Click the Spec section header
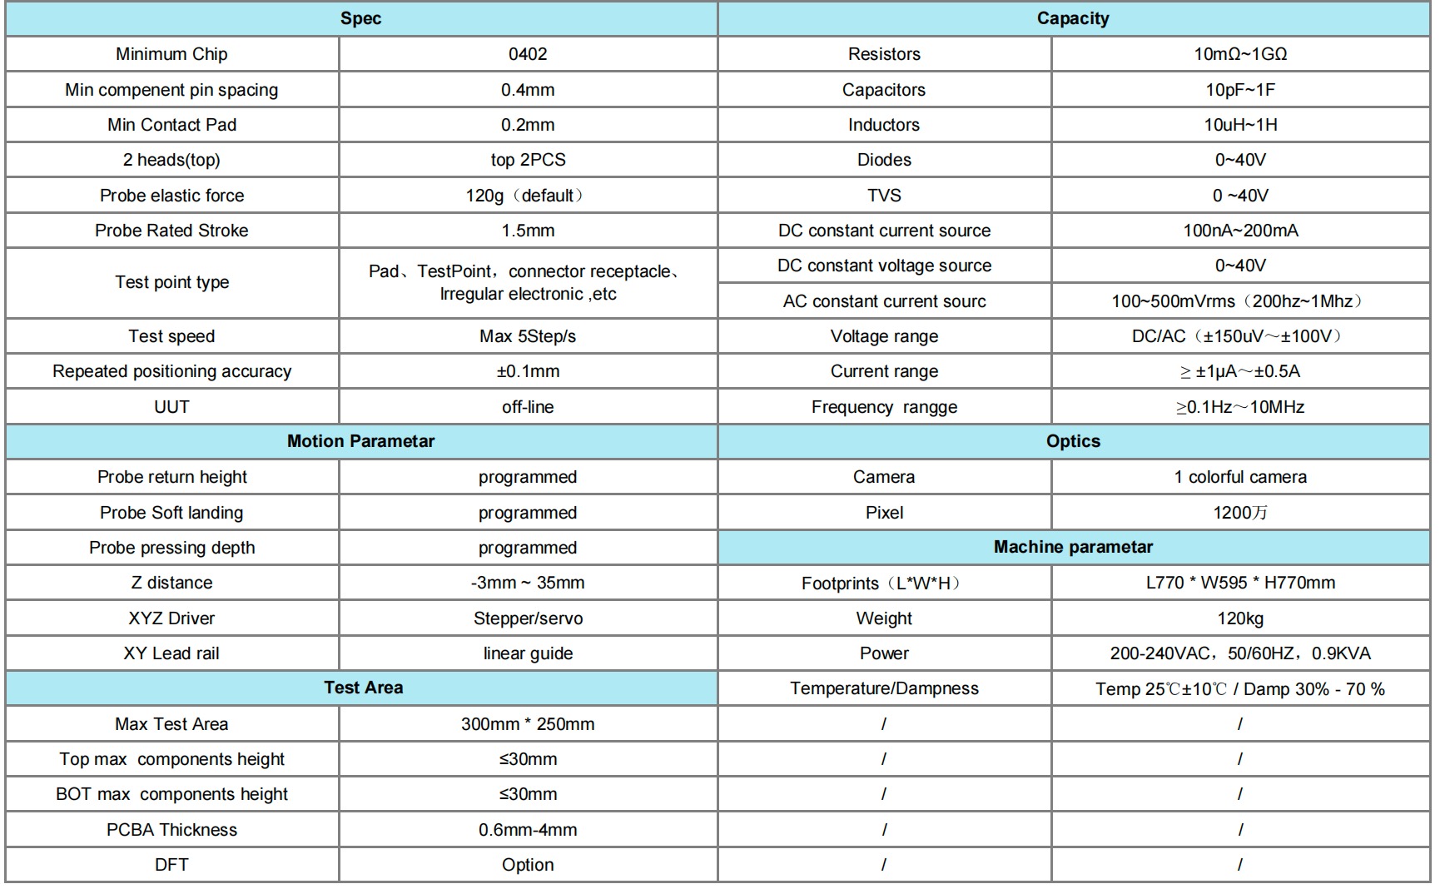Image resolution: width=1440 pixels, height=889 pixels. pos(360,18)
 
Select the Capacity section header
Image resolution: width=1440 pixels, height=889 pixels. pos(1072,18)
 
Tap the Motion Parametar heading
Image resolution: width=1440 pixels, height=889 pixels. pos(360,441)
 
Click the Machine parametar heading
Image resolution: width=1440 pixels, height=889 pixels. pos(1073,547)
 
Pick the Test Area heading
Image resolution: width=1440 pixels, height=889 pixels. pos(363,688)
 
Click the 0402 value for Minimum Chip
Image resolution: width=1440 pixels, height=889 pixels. pos(528,54)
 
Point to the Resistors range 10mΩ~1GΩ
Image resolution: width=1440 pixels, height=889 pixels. pos(1240,54)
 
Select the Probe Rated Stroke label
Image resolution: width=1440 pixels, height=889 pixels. pos(171,231)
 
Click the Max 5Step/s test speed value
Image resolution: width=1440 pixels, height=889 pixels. pos(528,336)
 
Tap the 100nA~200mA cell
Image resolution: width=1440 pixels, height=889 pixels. pos(1240,231)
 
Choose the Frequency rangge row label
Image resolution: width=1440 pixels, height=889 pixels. pos(884,407)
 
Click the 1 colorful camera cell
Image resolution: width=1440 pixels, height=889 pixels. pos(1240,477)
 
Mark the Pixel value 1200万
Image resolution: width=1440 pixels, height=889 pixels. pos(1240,513)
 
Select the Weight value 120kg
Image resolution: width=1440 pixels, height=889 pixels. pos(1240,618)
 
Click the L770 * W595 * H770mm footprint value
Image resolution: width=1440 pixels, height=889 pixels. pos(1240,583)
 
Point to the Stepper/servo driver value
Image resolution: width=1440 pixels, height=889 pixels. pos(528,618)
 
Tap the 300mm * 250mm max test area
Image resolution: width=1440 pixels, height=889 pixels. pos(528,724)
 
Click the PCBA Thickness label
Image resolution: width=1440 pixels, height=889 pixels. pos(171,830)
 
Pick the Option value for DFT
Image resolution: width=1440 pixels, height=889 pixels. pos(528,865)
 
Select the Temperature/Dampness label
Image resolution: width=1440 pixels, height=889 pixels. pos(884,688)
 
